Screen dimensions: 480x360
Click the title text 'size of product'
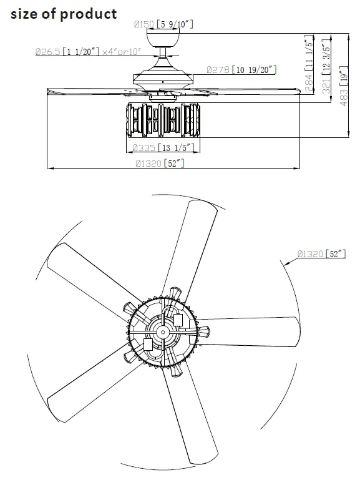point(64,14)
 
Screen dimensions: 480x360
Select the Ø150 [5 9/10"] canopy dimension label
point(164,24)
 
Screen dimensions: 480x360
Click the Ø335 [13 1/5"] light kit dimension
point(164,148)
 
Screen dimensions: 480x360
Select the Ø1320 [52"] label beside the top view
point(321,253)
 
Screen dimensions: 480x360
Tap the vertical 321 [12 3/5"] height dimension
point(325,69)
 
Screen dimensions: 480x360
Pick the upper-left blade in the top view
point(94,275)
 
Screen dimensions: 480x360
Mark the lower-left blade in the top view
point(94,384)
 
